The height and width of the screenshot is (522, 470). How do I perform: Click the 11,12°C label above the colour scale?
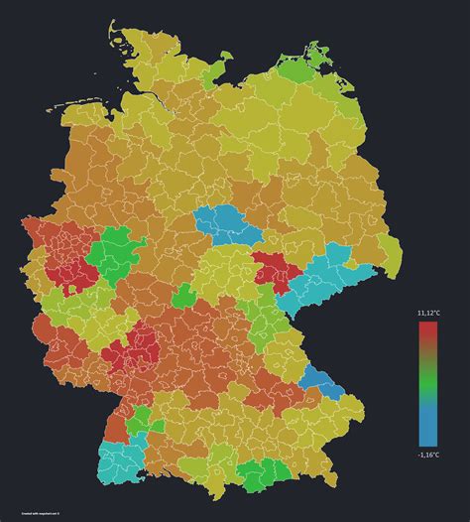(428, 313)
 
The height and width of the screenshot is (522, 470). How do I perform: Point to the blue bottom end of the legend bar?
(428, 437)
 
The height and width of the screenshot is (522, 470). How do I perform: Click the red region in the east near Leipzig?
(273, 268)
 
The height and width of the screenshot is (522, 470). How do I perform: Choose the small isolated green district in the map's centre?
(184, 296)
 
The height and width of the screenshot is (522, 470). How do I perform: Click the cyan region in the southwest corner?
(119, 460)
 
